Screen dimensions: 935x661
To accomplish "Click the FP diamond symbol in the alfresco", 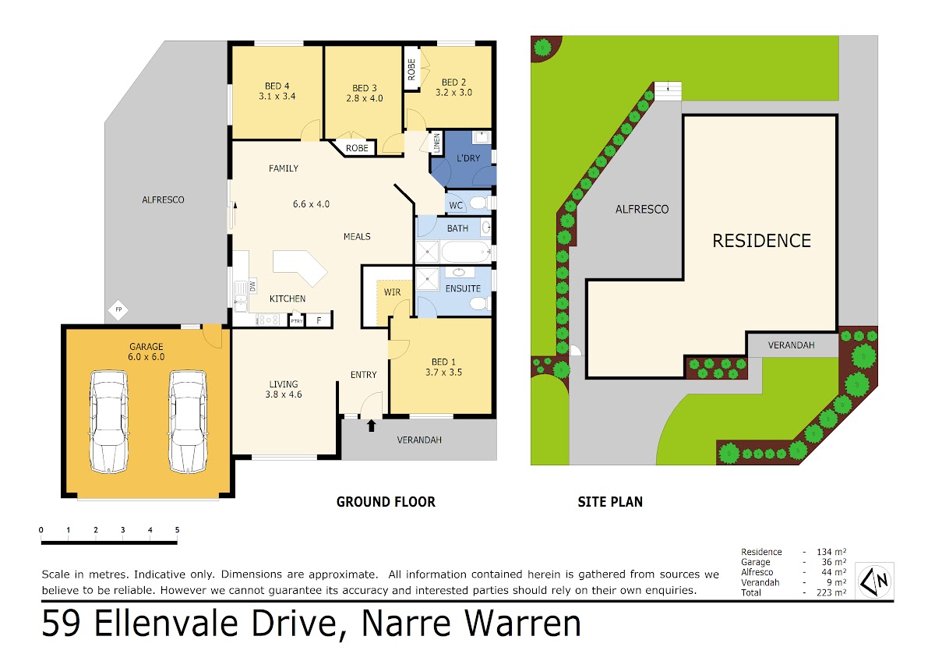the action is (118, 309).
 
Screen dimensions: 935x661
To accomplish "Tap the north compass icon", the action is (874, 581).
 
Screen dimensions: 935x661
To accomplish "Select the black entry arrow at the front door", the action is (371, 426).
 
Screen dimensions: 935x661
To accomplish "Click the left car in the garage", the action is (108, 422).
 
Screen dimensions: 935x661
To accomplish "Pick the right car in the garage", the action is (188, 422).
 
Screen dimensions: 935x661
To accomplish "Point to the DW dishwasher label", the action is (252, 286).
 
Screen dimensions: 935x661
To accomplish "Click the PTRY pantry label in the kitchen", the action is (297, 321).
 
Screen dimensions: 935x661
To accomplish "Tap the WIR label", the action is (392, 292).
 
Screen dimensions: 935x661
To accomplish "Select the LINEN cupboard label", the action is (436, 143).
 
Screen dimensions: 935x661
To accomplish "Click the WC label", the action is (456, 206).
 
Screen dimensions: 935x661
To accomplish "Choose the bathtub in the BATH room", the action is (466, 252).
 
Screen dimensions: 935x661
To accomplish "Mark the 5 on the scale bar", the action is (177, 530).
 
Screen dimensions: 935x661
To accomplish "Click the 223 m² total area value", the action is (831, 592).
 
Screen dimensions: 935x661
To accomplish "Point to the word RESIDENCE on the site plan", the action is (761, 241).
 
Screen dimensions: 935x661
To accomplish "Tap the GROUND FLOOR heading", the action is (386, 501).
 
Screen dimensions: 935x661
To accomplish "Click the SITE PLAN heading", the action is (610, 501).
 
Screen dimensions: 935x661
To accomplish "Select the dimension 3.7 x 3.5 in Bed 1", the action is (443, 372).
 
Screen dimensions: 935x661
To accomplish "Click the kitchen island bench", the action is (300, 268).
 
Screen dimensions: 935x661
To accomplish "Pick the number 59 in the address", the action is (61, 623).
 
